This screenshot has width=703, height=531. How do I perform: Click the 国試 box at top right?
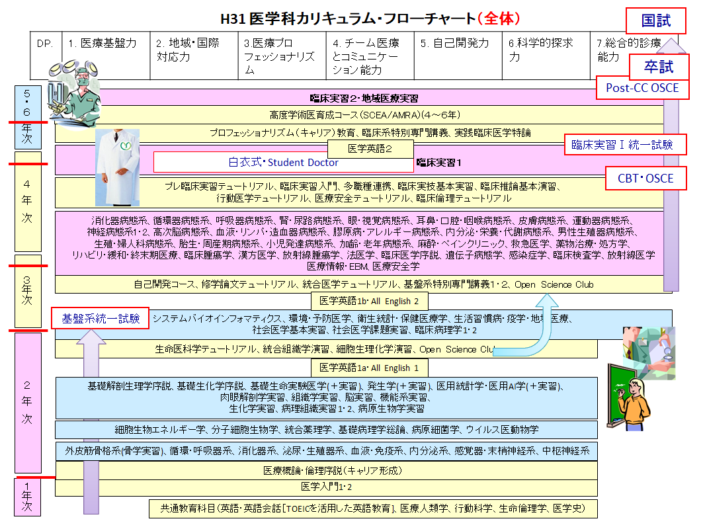click(x=656, y=20)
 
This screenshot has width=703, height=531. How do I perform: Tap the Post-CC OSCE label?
click(x=642, y=88)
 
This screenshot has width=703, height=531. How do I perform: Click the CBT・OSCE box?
click(x=645, y=179)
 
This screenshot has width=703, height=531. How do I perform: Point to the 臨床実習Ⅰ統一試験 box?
click(x=622, y=145)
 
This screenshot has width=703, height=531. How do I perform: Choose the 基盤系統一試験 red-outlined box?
click(x=101, y=318)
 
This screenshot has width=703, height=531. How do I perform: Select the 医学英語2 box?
click(x=370, y=149)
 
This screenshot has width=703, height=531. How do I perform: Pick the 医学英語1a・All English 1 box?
click(x=370, y=368)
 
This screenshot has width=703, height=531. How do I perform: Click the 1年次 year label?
click(x=27, y=497)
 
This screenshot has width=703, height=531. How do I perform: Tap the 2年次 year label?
click(x=27, y=401)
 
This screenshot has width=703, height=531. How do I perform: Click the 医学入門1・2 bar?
click(x=327, y=487)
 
